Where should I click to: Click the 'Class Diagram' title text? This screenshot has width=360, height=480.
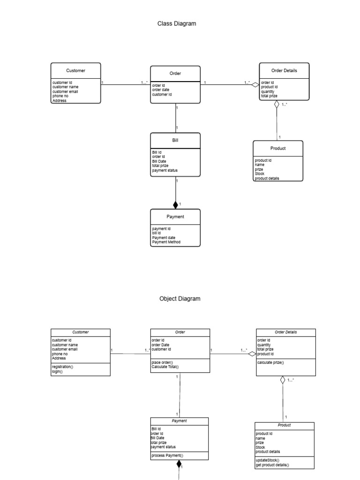(x=176, y=23)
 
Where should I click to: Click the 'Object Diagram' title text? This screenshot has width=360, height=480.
(x=180, y=299)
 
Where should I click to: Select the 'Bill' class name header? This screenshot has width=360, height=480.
(x=175, y=140)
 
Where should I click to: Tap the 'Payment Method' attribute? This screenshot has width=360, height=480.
(x=166, y=242)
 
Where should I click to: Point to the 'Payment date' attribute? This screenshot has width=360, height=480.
(x=164, y=238)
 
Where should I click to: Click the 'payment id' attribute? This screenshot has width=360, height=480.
(x=161, y=229)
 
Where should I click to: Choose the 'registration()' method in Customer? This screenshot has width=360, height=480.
(x=62, y=367)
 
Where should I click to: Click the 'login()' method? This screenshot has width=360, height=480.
(x=57, y=371)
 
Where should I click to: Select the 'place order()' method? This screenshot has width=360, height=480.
(x=162, y=362)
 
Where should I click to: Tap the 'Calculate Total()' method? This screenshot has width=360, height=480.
(x=165, y=367)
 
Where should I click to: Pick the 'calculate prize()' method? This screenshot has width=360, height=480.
(x=270, y=362)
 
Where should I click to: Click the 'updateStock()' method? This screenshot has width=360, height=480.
(x=268, y=460)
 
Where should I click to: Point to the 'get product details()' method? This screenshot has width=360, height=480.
(x=272, y=465)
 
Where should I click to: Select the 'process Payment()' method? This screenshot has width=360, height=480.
(x=167, y=455)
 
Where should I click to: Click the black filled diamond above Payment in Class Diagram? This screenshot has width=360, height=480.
(x=176, y=204)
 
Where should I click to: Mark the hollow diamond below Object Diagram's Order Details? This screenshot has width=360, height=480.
(x=283, y=380)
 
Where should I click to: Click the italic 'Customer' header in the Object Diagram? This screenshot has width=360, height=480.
(x=81, y=332)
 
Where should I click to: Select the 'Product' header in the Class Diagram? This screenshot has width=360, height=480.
(x=278, y=148)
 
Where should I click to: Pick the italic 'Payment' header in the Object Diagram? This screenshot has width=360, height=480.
(x=180, y=421)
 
